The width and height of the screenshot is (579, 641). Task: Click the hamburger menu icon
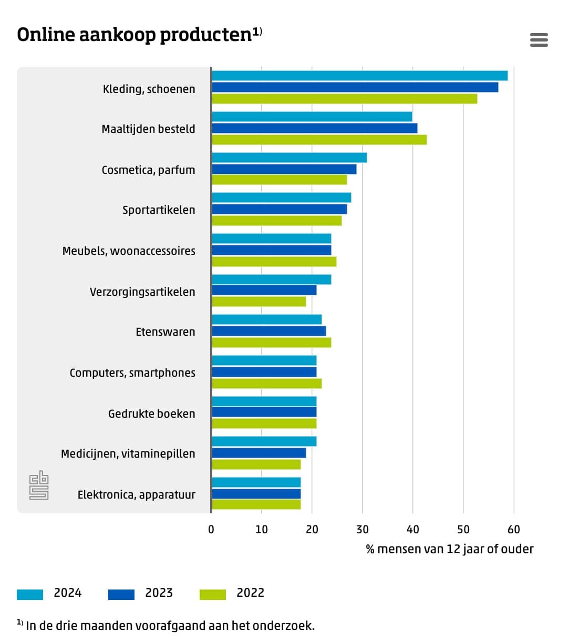click(539, 40)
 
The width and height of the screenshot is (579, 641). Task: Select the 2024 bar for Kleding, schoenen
click(359, 76)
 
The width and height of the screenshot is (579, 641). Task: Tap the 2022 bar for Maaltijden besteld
click(319, 140)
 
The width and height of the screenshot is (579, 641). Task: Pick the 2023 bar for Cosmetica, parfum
click(284, 169)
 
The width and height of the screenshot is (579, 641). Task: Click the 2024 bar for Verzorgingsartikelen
click(271, 280)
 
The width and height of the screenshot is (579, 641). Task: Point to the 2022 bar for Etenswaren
click(271, 343)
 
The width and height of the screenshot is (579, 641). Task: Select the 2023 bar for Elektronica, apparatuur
click(256, 494)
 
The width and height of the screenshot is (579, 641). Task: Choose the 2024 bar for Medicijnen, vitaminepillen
click(264, 441)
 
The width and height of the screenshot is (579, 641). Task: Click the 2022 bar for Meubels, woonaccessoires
click(274, 262)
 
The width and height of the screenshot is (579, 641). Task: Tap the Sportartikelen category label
click(159, 210)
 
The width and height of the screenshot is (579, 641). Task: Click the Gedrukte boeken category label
click(151, 414)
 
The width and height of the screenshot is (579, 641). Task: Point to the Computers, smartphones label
click(132, 373)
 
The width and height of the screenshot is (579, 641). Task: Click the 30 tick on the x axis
click(362, 530)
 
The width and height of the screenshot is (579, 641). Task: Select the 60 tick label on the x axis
click(513, 530)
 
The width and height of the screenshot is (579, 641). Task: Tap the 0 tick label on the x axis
click(211, 530)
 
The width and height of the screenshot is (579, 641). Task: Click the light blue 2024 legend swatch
click(30, 594)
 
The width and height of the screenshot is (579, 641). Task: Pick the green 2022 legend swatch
click(213, 594)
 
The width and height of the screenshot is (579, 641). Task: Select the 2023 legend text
click(159, 593)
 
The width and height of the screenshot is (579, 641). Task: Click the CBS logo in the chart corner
click(39, 485)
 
